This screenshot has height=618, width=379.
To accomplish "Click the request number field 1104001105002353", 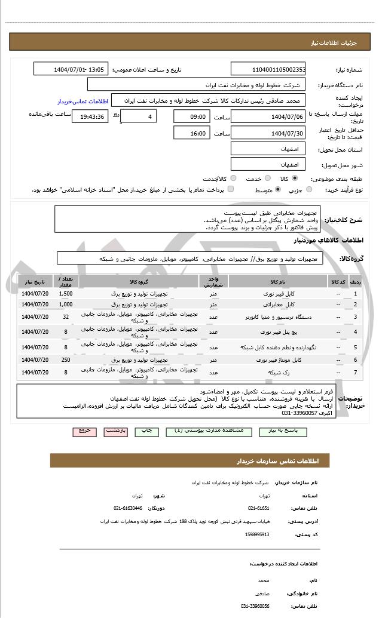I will pyautogui.click(x=268, y=69).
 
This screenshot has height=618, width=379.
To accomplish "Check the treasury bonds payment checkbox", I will pyautogui.click(x=231, y=190).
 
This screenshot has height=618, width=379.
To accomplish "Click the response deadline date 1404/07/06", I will pyautogui.click(x=268, y=116).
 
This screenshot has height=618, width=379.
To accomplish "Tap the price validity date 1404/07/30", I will pyautogui.click(x=268, y=133).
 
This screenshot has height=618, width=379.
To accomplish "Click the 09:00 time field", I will pyautogui.click(x=192, y=116).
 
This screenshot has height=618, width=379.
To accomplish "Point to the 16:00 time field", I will pyautogui.click(x=192, y=133).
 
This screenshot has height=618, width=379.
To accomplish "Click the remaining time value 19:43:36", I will pyautogui.click(x=90, y=116).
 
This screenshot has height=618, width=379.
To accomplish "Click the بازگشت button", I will pyautogui.click(x=116, y=431).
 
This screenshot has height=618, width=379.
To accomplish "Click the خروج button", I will pyautogui.click(x=84, y=431).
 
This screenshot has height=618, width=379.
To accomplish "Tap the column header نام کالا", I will pyautogui.click(x=278, y=281).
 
